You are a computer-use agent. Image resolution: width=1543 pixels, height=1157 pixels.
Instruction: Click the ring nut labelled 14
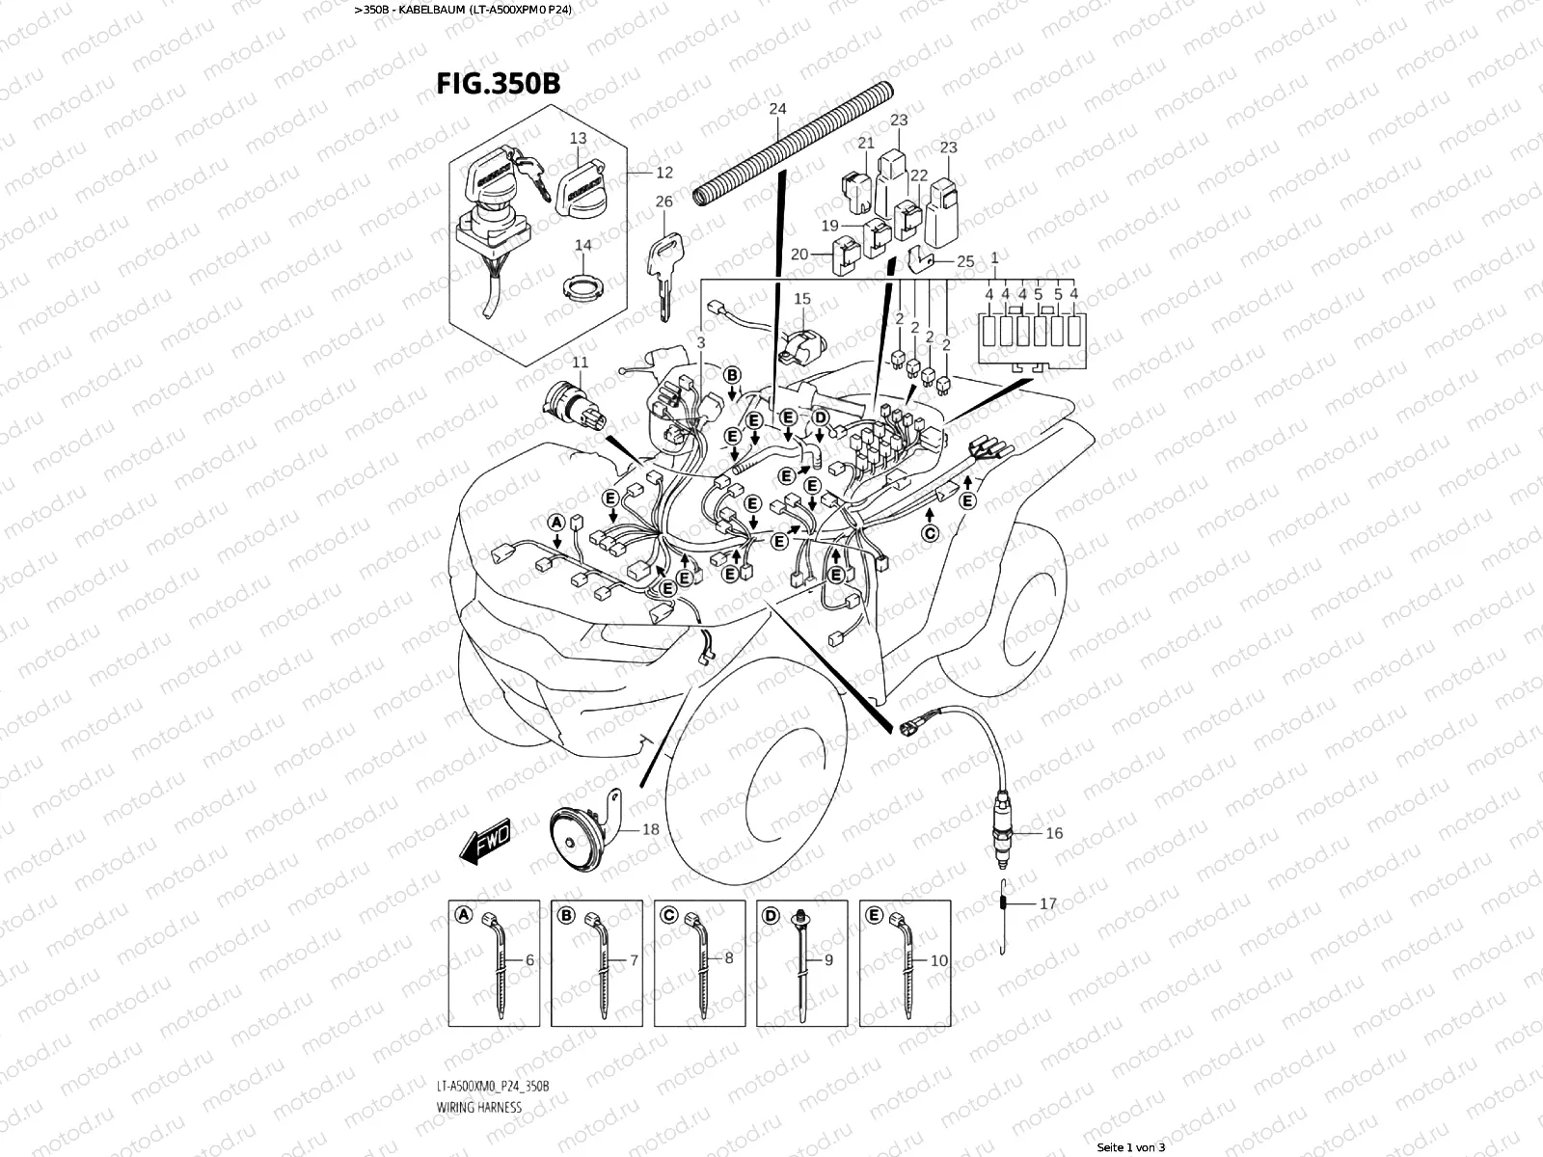click(x=581, y=286)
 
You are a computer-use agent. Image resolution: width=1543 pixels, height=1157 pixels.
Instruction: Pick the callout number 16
click(x=1054, y=833)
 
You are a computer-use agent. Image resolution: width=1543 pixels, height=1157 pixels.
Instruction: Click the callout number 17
click(x=1048, y=904)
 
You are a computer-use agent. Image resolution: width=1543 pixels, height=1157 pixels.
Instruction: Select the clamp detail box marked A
click(x=494, y=962)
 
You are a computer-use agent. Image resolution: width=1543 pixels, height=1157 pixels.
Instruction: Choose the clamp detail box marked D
click(x=802, y=962)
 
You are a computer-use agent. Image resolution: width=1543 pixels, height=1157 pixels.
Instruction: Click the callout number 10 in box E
click(x=938, y=960)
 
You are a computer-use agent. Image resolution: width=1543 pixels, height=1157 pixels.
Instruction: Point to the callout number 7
click(x=634, y=960)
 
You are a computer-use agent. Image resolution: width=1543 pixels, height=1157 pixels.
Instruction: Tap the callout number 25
click(x=966, y=261)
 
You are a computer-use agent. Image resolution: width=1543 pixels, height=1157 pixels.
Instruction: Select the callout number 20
click(x=799, y=255)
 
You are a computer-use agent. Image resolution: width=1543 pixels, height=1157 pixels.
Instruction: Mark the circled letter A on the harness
click(x=555, y=522)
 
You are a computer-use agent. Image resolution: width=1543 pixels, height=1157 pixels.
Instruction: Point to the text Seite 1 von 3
click(x=1132, y=1147)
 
